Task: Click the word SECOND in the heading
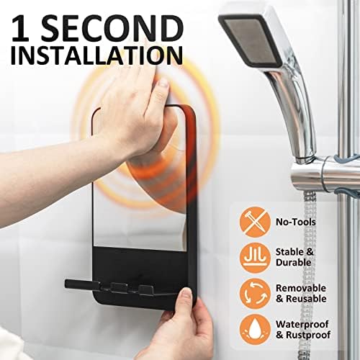[x=112, y=28]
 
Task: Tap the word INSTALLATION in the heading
[x=96, y=55]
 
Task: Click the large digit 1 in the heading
[x=21, y=28]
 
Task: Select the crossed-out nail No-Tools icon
[x=255, y=222]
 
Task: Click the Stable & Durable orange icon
[x=255, y=258]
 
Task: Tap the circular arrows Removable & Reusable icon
[x=255, y=294]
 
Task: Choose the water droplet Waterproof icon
[x=255, y=330]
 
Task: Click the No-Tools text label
[x=296, y=222]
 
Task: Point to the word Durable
[x=293, y=263]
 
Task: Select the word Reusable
[x=306, y=299]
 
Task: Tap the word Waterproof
[x=302, y=325]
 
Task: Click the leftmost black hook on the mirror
[x=81, y=284]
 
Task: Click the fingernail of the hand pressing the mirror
[x=164, y=84]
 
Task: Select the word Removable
[x=301, y=288]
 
